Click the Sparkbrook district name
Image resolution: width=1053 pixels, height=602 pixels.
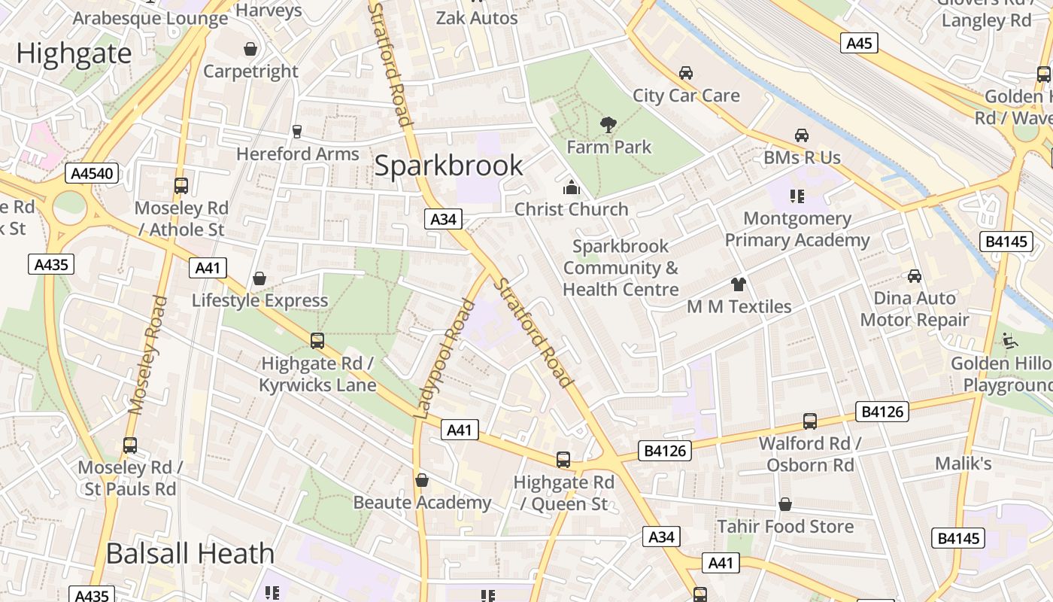448,166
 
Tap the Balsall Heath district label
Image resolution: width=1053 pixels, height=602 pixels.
190,554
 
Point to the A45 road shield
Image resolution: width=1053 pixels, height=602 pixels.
859,43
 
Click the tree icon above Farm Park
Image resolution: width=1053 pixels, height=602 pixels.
608,124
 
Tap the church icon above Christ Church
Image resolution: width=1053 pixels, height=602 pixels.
572,187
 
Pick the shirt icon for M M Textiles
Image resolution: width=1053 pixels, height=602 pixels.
739,284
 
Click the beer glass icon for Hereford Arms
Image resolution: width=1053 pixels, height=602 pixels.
296,132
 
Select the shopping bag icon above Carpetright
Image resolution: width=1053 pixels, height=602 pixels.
250,49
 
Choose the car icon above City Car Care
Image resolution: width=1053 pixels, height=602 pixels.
685,73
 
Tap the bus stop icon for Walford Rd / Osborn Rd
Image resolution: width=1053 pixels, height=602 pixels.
810,421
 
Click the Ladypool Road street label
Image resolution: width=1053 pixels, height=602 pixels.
445,358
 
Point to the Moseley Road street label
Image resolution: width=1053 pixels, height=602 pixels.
147,355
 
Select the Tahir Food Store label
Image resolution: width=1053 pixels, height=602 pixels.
785,526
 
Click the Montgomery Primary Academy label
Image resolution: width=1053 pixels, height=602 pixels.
797,230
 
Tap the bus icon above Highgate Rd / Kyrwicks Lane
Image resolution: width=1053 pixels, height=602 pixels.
317,341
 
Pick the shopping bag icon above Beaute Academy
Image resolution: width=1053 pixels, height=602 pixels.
422,480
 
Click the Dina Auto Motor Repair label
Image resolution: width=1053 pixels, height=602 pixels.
915,309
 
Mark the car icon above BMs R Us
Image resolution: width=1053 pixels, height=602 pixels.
802,135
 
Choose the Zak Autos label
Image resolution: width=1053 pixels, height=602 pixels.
477,17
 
